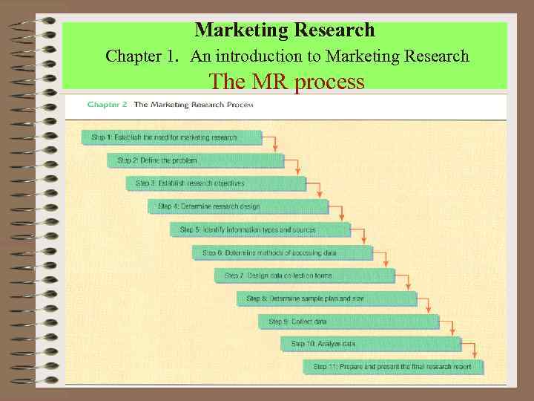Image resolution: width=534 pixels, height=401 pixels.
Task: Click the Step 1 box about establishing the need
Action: [171, 137]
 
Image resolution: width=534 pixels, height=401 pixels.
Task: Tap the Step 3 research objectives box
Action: [216, 183]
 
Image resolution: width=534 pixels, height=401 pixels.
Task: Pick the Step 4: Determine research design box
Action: [238, 206]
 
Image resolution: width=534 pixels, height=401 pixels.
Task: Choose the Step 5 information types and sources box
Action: [260, 229]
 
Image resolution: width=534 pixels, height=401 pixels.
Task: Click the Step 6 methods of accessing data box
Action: [282, 252]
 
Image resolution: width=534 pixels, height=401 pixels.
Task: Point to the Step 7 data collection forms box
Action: [304, 276]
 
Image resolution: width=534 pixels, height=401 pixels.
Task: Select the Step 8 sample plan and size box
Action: [326, 299]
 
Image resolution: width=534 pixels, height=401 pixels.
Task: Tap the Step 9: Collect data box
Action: [349, 322]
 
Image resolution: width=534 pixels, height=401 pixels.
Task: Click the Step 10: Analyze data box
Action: [371, 344]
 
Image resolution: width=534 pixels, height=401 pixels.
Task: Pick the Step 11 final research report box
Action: [393, 367]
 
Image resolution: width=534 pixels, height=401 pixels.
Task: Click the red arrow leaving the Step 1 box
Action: [274, 143]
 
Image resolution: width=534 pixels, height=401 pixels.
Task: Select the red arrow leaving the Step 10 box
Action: [472, 350]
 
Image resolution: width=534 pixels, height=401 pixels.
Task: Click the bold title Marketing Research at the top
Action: [285, 30]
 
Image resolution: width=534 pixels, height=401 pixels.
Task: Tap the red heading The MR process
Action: [287, 81]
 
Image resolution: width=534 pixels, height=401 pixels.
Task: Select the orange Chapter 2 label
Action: [108, 105]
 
